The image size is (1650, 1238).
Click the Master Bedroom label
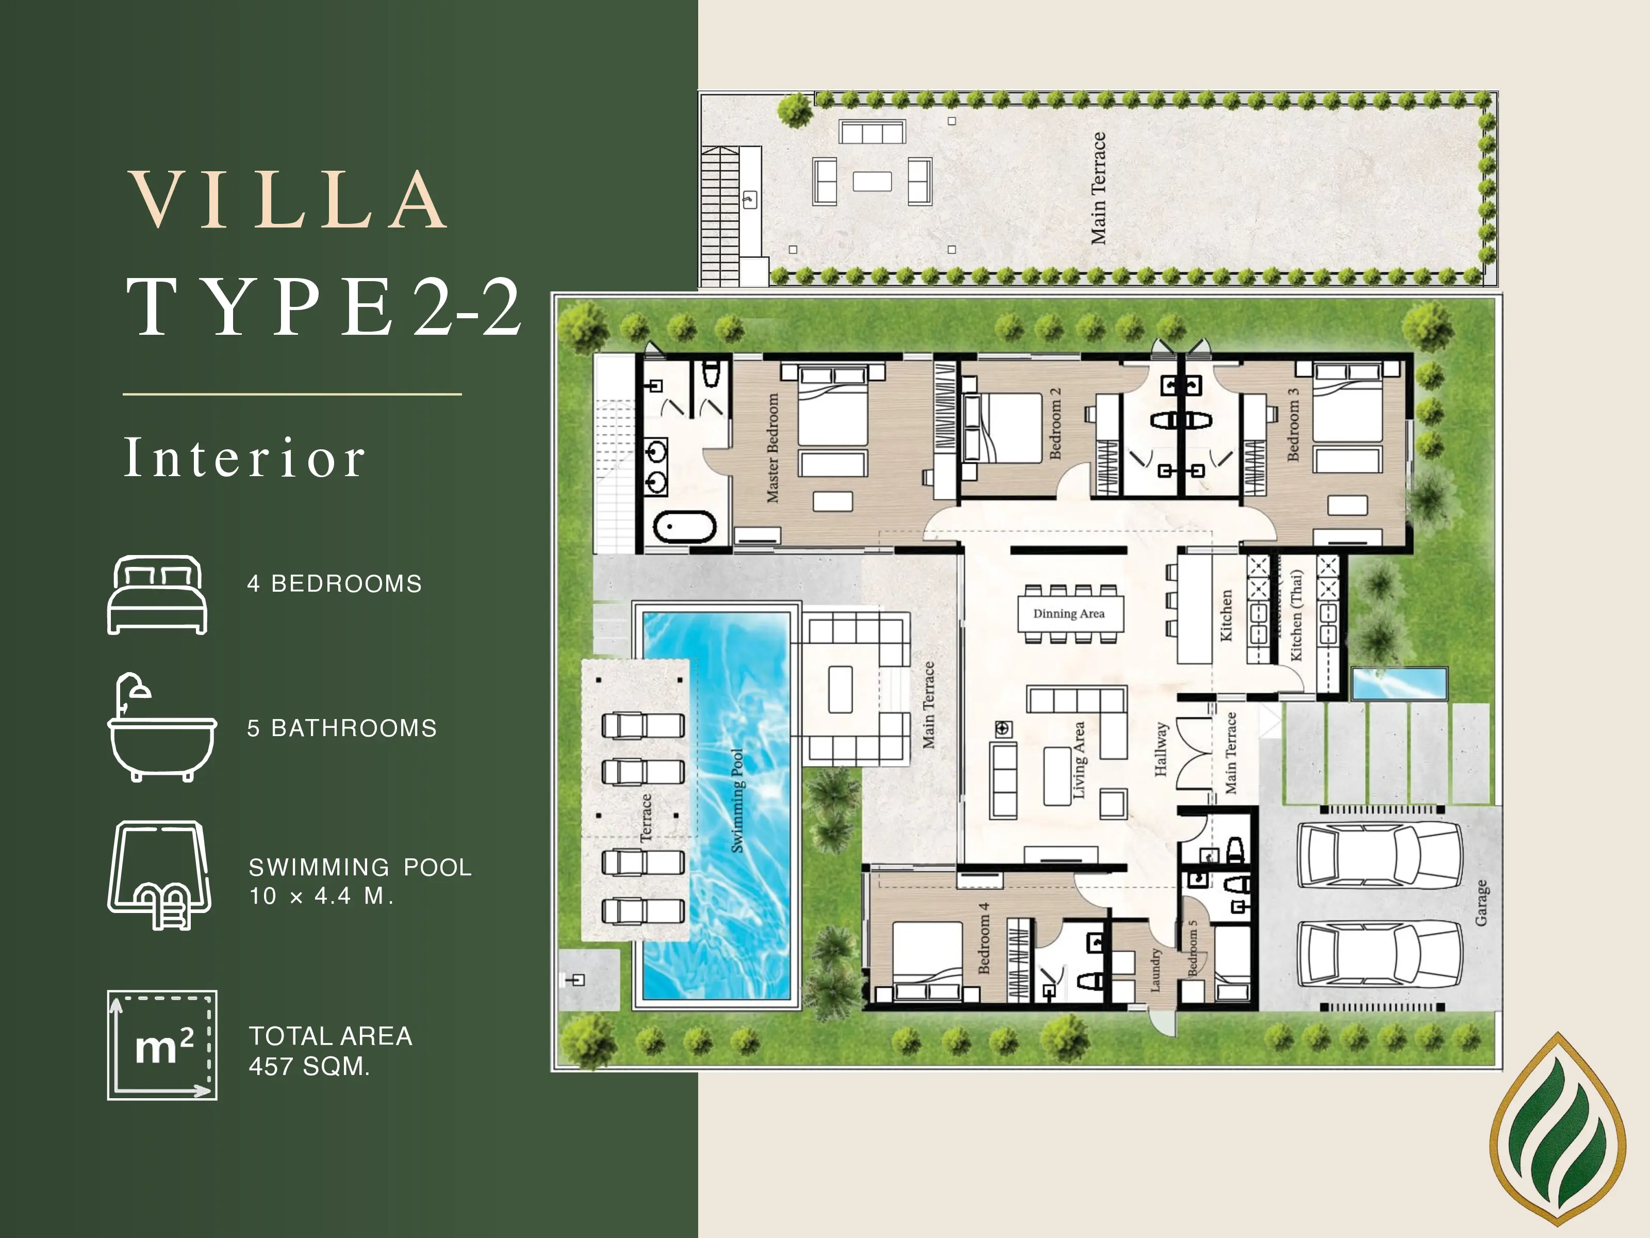pos(773,448)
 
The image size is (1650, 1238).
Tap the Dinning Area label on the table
pos(1068,613)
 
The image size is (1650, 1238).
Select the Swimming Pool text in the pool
pos(737,801)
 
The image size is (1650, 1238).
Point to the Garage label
pos(1481,902)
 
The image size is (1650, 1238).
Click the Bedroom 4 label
pos(984,937)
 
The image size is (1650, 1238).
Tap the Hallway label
pos(1160,748)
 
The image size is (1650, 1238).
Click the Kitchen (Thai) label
pos(1296,615)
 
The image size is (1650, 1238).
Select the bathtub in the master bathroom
pos(685,526)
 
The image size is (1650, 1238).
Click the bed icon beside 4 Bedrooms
pos(157,595)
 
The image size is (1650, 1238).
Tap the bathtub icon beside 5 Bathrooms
pos(162,727)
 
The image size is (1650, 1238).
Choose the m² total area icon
pos(162,1045)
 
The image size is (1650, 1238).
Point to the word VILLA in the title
pos(289,200)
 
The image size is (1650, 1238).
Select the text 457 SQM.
pos(309,1066)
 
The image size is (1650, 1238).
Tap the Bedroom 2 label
pos(1055,423)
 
